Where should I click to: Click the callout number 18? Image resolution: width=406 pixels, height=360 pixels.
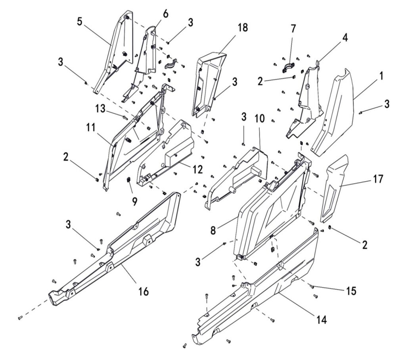[243, 27]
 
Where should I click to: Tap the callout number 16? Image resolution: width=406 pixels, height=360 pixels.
[143, 292]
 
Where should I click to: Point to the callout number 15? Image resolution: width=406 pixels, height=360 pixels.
[350, 291]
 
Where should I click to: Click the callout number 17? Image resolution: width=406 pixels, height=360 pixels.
[378, 179]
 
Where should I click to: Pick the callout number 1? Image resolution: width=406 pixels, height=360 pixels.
[381, 75]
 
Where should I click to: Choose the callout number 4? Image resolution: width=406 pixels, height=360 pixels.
[345, 38]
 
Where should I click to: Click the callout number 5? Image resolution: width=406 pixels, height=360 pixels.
[80, 21]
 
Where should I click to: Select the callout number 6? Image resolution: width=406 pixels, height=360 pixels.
[165, 14]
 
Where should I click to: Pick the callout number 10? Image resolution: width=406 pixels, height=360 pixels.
[259, 118]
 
